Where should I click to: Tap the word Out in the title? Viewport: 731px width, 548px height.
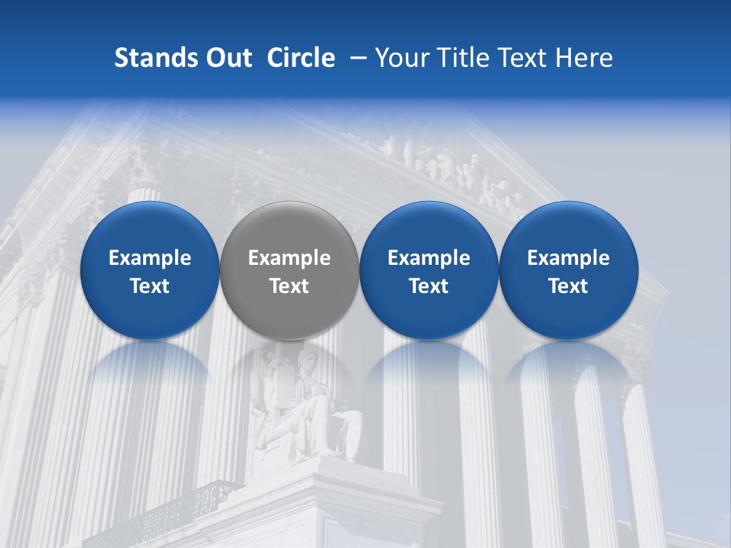[226, 58]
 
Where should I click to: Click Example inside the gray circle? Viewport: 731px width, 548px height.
[289, 258]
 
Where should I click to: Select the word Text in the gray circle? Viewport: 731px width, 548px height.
[289, 286]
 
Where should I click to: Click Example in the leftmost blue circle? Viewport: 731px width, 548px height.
[150, 258]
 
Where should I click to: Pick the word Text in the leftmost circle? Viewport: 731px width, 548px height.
[150, 286]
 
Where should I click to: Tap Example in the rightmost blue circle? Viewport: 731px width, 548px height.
[568, 258]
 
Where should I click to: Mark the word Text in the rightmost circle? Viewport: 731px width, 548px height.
[568, 286]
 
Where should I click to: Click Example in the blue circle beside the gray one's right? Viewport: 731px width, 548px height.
[429, 258]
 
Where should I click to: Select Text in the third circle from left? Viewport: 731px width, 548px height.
[429, 286]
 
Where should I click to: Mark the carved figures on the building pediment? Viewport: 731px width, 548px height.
[449, 164]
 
